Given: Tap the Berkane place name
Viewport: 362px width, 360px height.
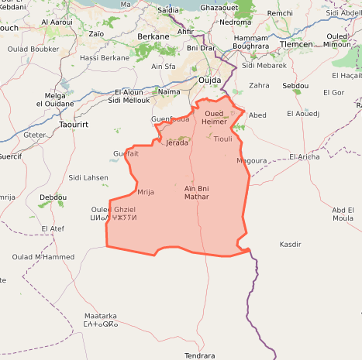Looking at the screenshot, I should [x=153, y=36].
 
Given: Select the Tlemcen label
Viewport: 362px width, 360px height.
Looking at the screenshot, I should [x=296, y=44].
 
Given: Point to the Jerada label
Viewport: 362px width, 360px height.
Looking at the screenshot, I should [x=178, y=142].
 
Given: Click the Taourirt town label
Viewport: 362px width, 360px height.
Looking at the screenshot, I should [x=76, y=123].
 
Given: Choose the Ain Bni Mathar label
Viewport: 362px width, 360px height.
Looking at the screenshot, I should [x=197, y=193].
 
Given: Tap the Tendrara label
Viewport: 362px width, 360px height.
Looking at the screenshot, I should [x=199, y=355].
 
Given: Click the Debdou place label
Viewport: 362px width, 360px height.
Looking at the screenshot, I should [x=53, y=197].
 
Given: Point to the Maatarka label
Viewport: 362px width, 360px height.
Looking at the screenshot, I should [x=101, y=316].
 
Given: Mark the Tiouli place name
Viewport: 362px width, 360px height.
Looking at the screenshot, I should [x=222, y=139].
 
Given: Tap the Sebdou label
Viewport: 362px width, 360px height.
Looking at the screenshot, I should [x=295, y=85].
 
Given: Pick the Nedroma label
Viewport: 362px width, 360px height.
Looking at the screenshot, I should [x=235, y=22].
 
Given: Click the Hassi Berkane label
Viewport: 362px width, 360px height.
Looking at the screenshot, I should [x=105, y=57].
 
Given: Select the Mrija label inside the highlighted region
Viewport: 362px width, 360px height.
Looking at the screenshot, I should [x=146, y=191].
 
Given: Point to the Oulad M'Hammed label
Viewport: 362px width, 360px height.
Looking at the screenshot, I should [x=43, y=256].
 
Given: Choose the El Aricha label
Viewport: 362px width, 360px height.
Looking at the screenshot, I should [x=304, y=156].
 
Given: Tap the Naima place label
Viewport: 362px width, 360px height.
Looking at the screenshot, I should [x=168, y=91].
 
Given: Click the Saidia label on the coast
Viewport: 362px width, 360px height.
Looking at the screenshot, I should [x=168, y=10].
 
